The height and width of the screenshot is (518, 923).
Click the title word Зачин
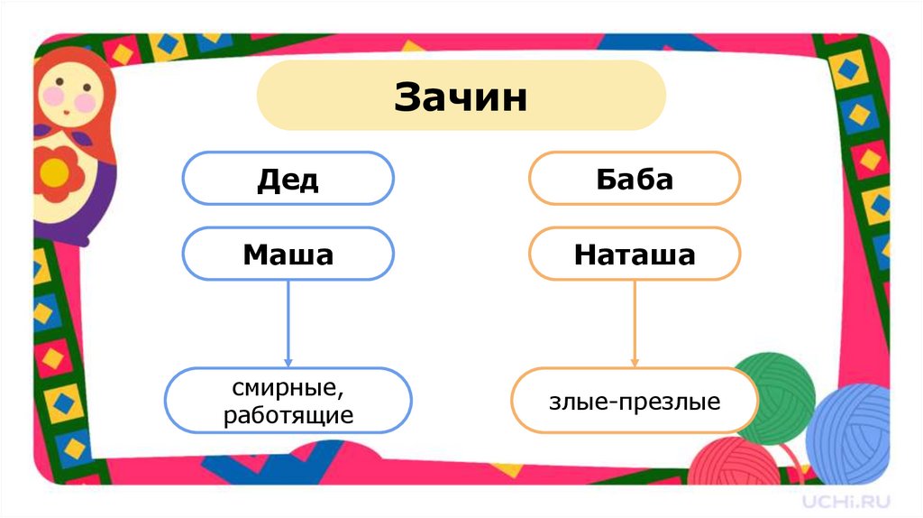(461, 97)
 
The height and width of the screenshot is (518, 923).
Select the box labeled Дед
(288, 179)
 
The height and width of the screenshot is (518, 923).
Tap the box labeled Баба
(634, 179)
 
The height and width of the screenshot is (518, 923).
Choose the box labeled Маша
(288, 254)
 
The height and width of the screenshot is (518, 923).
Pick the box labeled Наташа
(634, 254)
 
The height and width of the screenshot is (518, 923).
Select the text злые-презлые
(635, 402)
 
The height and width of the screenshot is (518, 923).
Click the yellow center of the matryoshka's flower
(56, 169)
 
